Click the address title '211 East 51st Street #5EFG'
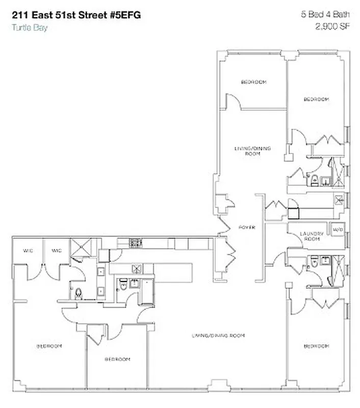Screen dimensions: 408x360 (x=75, y=15)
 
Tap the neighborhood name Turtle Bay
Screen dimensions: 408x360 (x=29, y=28)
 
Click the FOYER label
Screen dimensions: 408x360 (x=247, y=227)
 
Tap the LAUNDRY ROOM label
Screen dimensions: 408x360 (x=311, y=236)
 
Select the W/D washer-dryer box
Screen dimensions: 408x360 (x=338, y=229)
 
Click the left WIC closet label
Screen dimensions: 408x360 (x=28, y=250)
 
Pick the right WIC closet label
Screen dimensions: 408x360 (x=56, y=250)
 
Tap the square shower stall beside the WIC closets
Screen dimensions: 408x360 (x=81, y=247)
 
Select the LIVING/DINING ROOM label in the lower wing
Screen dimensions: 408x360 (x=218, y=336)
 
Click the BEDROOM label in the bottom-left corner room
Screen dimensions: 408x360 (x=49, y=346)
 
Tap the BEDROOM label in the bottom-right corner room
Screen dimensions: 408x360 (x=316, y=346)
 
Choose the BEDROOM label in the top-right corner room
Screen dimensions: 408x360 (x=316, y=99)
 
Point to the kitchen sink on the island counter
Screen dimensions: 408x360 (x=136, y=268)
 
